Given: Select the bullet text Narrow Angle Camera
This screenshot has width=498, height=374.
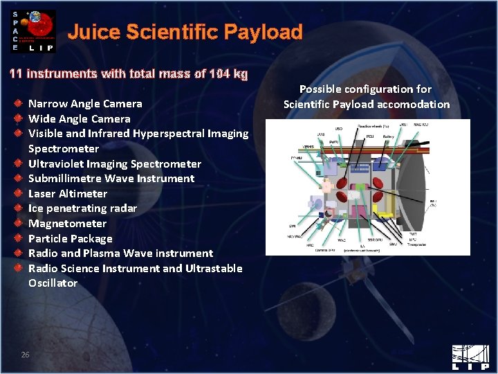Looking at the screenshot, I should (x=85, y=104).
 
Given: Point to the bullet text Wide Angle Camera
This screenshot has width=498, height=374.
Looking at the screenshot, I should (x=79, y=118).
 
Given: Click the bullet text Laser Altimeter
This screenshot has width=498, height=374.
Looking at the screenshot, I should (x=68, y=193).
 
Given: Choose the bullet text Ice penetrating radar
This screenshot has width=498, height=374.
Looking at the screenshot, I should (x=82, y=208).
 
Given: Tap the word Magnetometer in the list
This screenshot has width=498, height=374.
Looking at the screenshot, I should (x=67, y=223).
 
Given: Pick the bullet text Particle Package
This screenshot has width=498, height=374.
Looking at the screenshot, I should (x=70, y=238).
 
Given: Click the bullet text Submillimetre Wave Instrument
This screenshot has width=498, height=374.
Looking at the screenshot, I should (x=111, y=179).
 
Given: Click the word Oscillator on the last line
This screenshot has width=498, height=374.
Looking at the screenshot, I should (x=53, y=283).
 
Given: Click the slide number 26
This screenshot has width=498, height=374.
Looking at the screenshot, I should (x=25, y=355).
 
